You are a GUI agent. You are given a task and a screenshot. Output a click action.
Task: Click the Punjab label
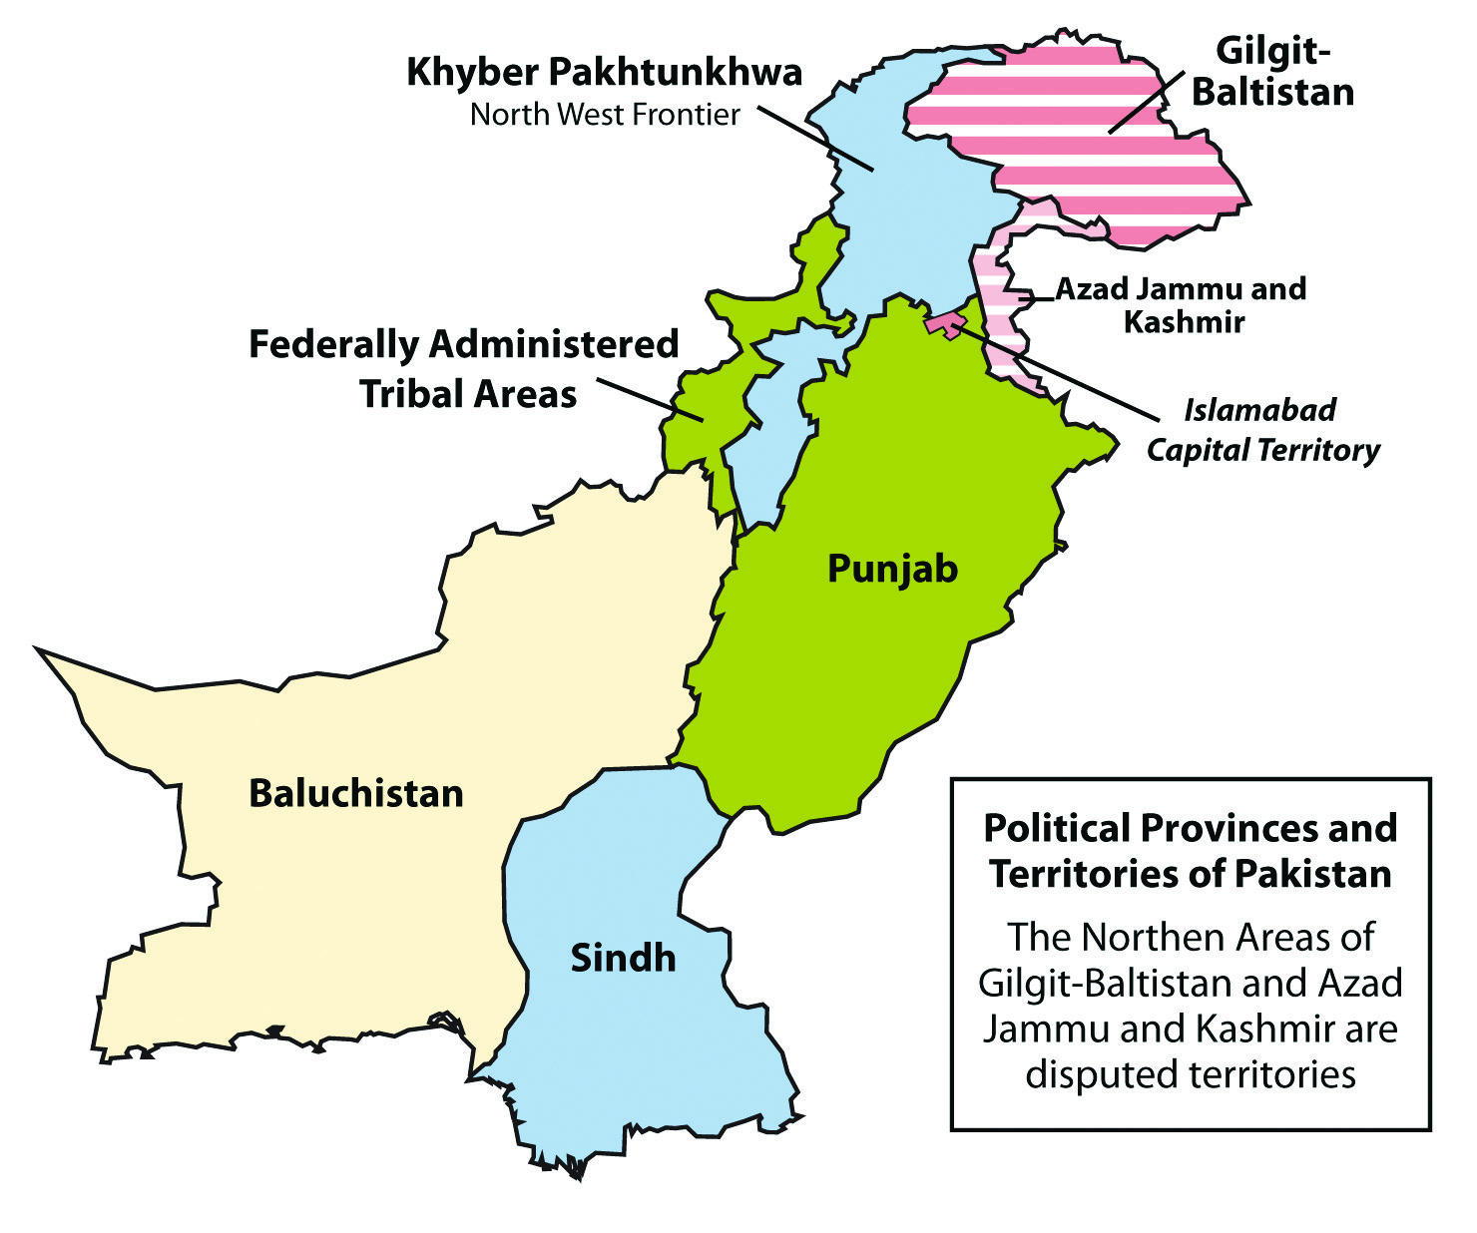click(892, 569)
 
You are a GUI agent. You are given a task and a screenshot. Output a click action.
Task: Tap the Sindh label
click(623, 958)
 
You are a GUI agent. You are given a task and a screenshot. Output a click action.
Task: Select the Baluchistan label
click(356, 793)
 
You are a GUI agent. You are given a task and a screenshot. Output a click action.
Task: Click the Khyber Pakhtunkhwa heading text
click(604, 73)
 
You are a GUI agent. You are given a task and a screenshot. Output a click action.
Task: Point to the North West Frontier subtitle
click(605, 115)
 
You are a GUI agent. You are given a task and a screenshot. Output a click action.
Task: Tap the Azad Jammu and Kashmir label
click(1182, 304)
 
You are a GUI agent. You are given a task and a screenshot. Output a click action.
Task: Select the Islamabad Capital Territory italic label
click(1262, 430)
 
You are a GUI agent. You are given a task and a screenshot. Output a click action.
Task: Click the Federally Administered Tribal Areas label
click(464, 368)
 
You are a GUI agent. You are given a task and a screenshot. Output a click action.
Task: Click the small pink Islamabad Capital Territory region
click(943, 324)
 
